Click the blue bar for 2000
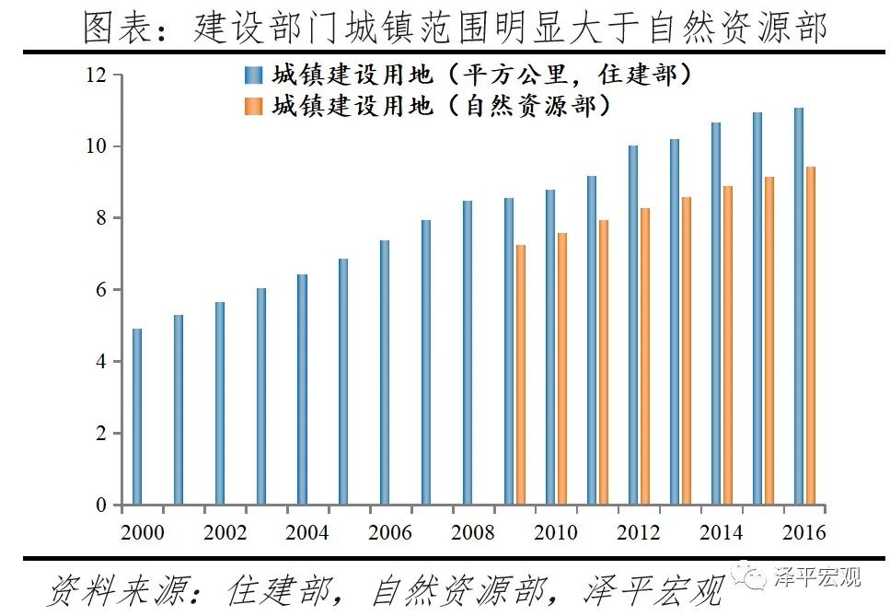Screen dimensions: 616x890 pos(137,417)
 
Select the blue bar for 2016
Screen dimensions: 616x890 pos(799,307)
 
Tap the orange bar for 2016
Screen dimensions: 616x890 pos(811,336)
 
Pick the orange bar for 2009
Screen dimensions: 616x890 pos(521,375)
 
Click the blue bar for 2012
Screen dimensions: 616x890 pos(633,325)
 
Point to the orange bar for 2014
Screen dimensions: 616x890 pos(728,345)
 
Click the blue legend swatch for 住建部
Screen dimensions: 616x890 pos(253,76)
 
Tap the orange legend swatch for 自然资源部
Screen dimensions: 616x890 pos(253,106)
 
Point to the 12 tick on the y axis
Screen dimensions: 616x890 pos(97,75)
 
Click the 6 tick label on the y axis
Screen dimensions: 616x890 pos(102,290)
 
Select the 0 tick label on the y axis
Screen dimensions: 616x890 pos(102,506)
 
